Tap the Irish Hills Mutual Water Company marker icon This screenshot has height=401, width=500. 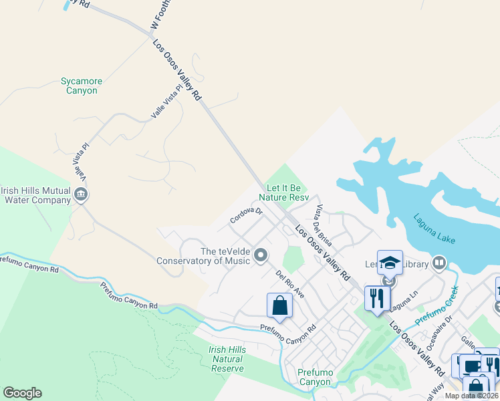82,195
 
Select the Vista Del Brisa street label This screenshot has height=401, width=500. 324,225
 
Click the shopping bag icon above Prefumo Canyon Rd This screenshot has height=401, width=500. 280,306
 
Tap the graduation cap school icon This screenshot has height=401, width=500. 390,263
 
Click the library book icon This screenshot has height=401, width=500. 439,263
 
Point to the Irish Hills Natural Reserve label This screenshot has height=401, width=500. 227,359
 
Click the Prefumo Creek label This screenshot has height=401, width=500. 437,304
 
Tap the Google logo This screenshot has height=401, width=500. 22,393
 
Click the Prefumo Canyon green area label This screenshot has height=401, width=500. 314,378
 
